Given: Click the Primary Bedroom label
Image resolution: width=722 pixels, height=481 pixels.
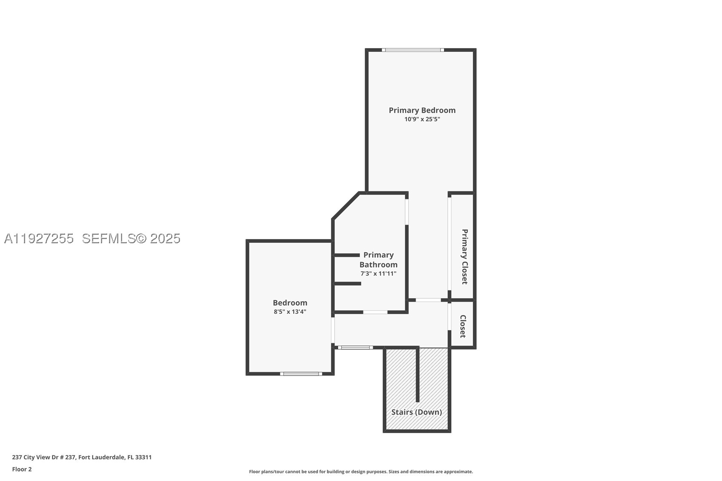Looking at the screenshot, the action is [422, 110].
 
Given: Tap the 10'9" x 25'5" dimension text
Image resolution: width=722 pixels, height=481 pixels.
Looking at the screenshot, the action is [422, 119].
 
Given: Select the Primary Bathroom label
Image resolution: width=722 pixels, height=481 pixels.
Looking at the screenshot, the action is [378, 260].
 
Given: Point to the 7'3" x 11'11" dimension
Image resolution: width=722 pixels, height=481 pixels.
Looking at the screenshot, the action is [378, 274].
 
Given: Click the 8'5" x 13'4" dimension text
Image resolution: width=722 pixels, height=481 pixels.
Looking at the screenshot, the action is [290, 312].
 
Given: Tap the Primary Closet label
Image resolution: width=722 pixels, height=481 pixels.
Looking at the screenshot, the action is [465, 257].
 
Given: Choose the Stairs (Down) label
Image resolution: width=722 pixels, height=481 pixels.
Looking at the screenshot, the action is [417, 412].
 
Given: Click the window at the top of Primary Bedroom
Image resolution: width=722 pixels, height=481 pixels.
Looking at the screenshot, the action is [413, 50].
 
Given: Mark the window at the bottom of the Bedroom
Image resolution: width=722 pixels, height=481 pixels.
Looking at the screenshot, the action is [301, 374].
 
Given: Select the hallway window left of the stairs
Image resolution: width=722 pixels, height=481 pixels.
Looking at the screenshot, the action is [355, 347].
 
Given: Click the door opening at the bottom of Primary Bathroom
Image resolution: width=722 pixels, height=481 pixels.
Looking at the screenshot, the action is [375, 312].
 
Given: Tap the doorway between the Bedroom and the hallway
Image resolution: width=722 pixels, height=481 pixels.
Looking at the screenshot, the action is [333, 330].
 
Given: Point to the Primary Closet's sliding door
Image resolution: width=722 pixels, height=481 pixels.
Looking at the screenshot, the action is [449, 244].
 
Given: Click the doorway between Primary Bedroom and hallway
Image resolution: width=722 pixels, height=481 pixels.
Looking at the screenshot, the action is [428, 300].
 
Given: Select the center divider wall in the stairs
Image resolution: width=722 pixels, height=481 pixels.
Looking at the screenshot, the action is [417, 375].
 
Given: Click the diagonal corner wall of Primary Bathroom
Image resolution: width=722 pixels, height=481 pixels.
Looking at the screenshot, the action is [345, 206].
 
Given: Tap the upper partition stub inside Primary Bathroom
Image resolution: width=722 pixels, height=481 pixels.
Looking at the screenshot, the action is [347, 255].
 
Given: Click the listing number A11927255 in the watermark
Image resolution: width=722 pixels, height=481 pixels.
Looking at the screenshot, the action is [39, 239].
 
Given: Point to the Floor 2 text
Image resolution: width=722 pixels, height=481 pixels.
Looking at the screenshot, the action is [22, 469].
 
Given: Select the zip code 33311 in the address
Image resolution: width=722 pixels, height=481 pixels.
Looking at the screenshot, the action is [143, 457].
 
